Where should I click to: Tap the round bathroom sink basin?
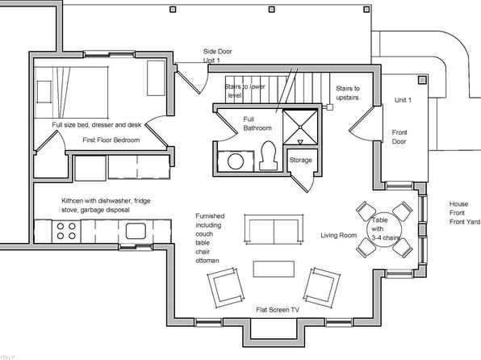pos(236,161)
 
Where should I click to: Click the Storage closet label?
pos(300,160)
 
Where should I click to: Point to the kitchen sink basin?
pos(136,231)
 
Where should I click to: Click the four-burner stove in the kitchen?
pos(66,232)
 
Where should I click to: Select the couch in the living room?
pos(274,229)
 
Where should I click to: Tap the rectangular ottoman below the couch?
pos(274,269)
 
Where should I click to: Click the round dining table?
pos(384,229)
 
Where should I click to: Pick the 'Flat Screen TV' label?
pos(278,310)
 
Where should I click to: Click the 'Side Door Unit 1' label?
pos(217,56)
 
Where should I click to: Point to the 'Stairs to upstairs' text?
pos(348,93)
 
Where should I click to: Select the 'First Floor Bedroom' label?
pos(111,140)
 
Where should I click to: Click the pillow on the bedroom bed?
pos(44,92)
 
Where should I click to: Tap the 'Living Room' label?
pos(339,236)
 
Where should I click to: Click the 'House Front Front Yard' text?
pos(464,212)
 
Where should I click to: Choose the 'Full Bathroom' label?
pos(257,123)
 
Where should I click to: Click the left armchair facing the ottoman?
pos(226,287)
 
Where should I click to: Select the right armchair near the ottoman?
pos(321,287)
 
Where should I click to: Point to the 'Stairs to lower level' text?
pos(245,91)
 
